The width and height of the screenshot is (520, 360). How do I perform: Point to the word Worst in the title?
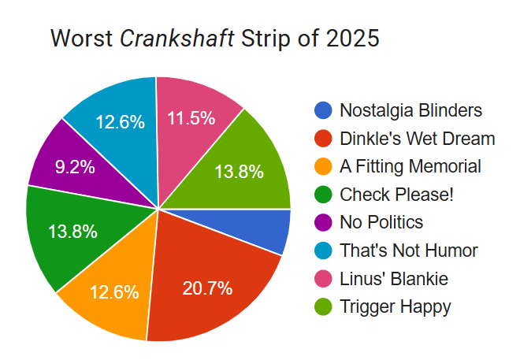coord(81,38)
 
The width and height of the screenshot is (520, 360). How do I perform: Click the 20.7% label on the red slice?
coord(207,288)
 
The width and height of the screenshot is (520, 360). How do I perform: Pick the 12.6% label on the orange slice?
coord(113,292)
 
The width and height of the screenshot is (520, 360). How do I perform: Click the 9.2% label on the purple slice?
coord(75,167)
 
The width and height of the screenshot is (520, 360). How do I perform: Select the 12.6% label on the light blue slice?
coord(120,122)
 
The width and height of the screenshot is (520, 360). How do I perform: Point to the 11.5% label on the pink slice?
coord(191,118)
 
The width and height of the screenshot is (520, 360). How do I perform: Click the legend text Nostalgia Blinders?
coord(410,110)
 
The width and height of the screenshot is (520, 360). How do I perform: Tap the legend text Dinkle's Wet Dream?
coord(417,139)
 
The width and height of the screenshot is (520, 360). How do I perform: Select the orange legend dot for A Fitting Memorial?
coord(322,167)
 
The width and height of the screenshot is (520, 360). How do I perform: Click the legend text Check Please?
coord(396,195)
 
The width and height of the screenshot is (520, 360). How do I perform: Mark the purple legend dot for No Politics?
coord(322,223)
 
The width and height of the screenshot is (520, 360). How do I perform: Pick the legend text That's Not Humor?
coord(408,251)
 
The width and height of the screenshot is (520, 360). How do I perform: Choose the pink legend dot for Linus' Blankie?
coord(322,279)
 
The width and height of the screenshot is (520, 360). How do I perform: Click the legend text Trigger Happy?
coord(396,307)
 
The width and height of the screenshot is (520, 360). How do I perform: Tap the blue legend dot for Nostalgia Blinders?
coord(322,110)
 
